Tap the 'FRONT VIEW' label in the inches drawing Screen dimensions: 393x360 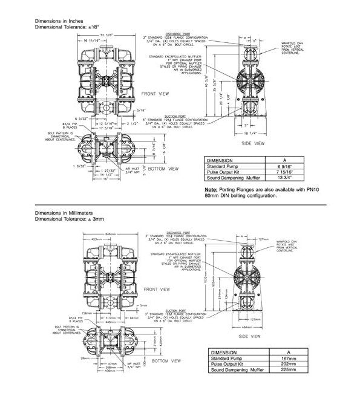[x=155, y=94]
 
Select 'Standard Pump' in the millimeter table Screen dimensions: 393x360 [x=226, y=357]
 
